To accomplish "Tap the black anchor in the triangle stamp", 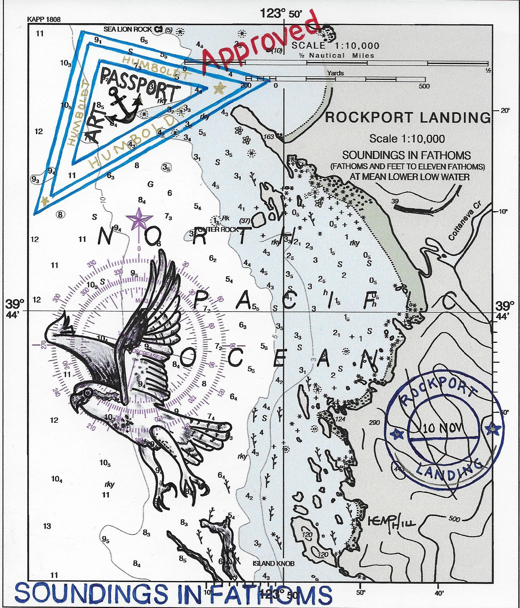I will pos(123,106).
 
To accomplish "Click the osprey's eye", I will pos(87,393).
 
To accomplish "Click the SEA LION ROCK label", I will pos(128,29).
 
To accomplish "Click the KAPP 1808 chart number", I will pos(44,19).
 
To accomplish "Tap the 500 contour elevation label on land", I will pos(454,519).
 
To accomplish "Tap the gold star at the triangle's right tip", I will pos(219,88).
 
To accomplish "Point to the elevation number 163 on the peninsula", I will pos(269,137).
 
